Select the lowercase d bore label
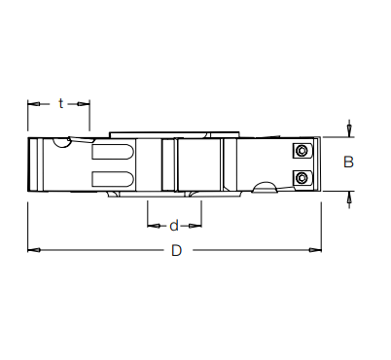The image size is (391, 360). (x=174, y=226)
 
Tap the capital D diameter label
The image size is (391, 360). (x=176, y=251)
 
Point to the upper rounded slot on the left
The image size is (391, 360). (x=113, y=152)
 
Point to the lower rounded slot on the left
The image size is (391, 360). (x=113, y=176)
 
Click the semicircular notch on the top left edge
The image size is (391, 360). (x=61, y=142)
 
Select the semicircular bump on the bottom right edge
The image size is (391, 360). (x=261, y=187)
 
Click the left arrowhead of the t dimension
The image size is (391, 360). (x=31, y=102)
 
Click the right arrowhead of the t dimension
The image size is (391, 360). (x=87, y=102)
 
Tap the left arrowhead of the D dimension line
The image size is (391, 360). (x=32, y=251)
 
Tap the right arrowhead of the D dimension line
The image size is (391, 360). (x=317, y=251)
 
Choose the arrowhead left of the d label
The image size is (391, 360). (x=152, y=226)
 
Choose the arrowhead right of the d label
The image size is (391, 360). (x=196, y=226)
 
